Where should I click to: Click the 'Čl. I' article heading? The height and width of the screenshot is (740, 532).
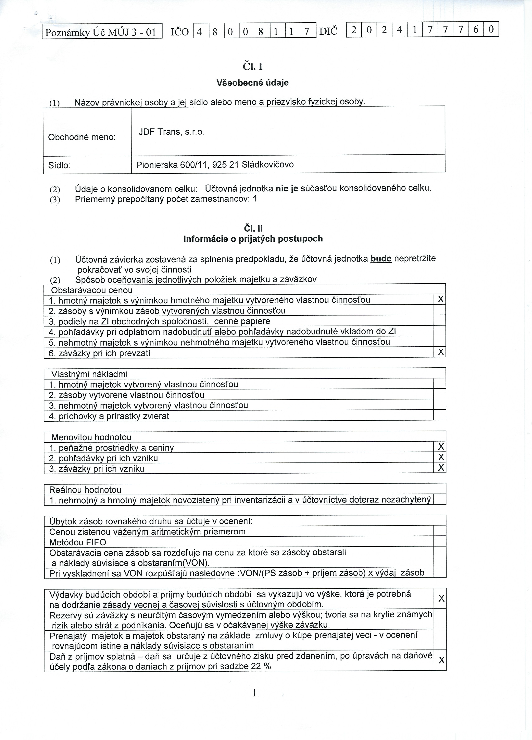click(253, 67)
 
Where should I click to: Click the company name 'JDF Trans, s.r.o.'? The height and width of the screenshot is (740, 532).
click(171, 132)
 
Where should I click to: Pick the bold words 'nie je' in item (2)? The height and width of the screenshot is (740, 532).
click(287, 188)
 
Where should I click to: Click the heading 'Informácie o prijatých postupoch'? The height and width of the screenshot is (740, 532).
click(253, 239)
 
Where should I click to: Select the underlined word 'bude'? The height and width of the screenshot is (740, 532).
click(381, 259)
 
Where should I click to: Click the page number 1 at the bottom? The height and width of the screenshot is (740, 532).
click(254, 693)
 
